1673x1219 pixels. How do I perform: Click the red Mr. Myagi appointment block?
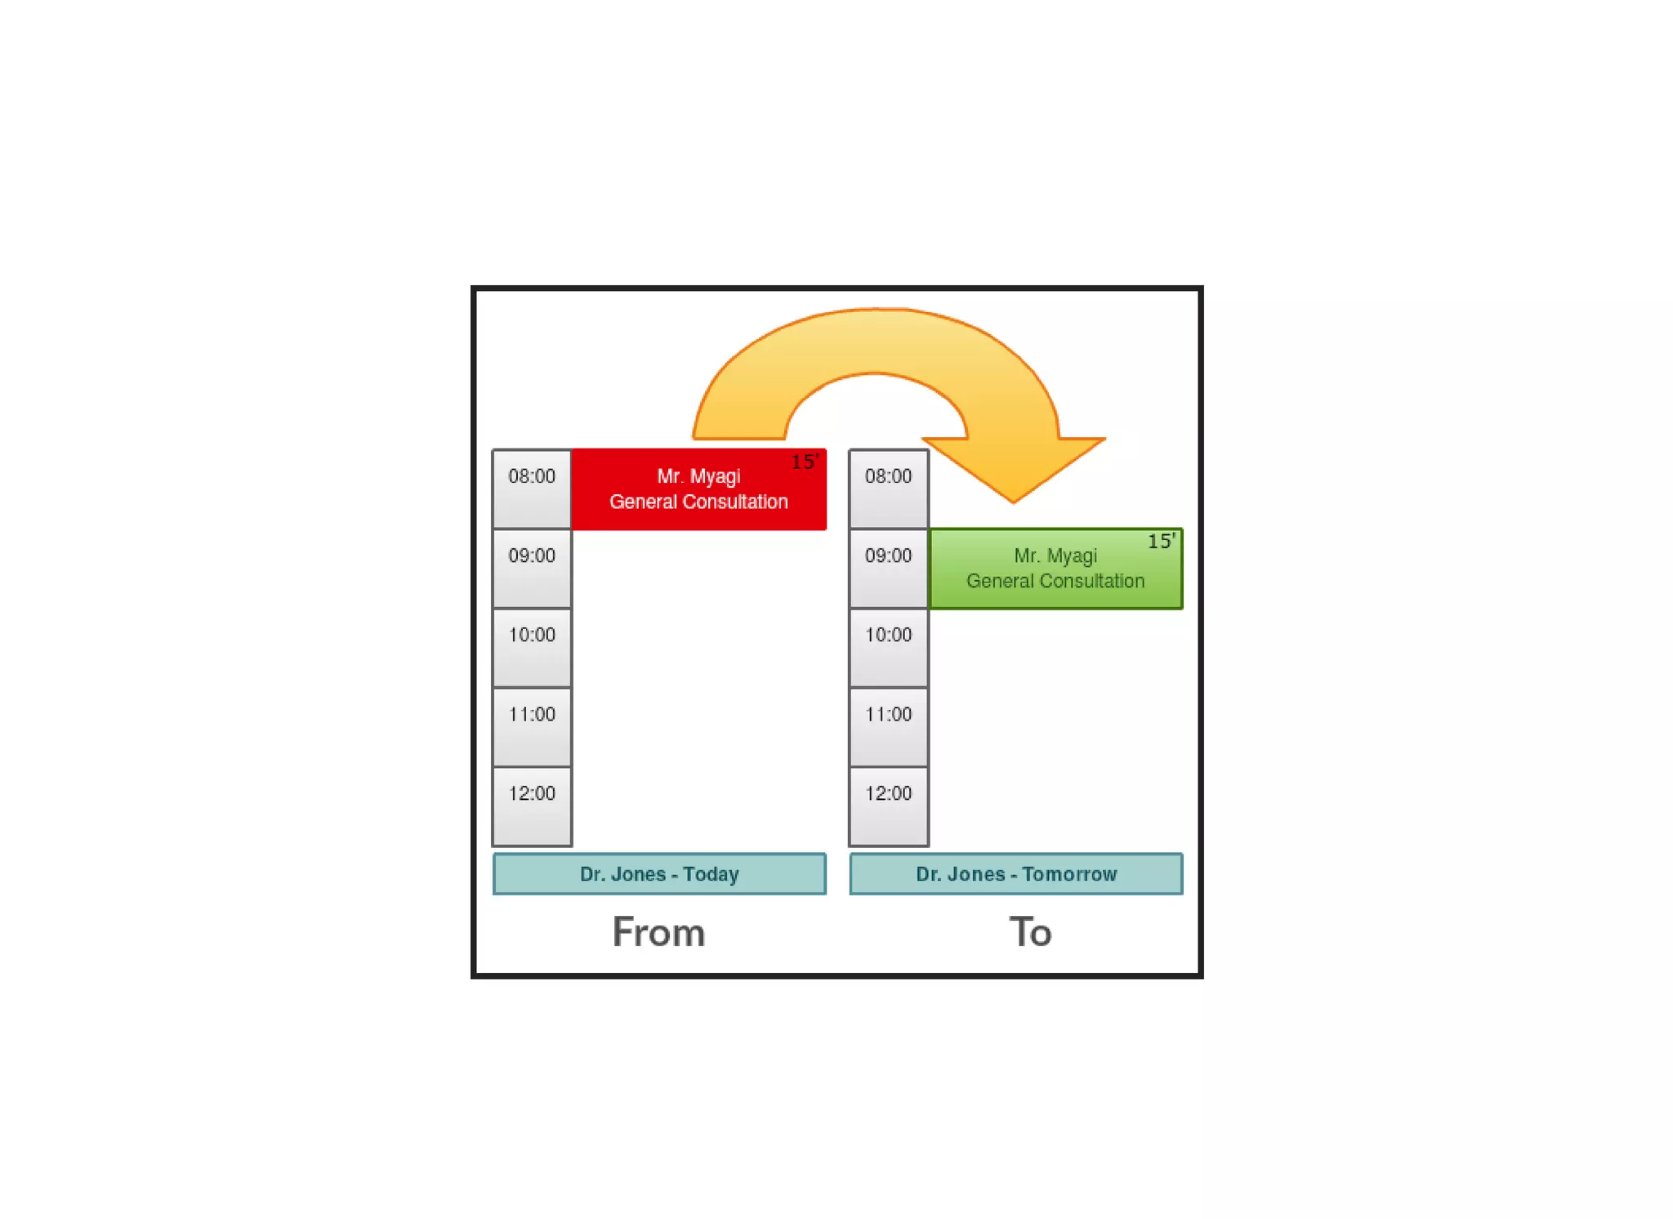[x=698, y=489]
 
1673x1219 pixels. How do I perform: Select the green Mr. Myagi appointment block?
[x=1055, y=569]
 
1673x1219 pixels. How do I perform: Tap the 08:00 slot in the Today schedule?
[x=532, y=489]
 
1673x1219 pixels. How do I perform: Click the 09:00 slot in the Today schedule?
[x=532, y=568]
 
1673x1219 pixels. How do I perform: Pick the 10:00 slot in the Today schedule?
[x=532, y=647]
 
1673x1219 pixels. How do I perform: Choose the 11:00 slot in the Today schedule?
[x=532, y=726]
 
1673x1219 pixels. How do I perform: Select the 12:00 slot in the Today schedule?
[x=532, y=806]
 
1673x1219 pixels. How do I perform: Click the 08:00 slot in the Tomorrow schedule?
[x=888, y=489]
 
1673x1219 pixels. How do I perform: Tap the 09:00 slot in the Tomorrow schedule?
[x=888, y=568]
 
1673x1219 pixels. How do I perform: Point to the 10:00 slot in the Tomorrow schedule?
[x=888, y=647]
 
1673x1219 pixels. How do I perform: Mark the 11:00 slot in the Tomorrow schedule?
[x=888, y=726]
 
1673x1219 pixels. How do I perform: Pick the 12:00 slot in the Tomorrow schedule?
[x=888, y=806]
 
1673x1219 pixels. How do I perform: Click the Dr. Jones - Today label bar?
[x=659, y=874]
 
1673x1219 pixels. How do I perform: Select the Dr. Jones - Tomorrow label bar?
[x=1015, y=874]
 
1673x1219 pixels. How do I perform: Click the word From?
[x=658, y=932]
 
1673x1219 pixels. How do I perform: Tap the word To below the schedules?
[x=1030, y=932]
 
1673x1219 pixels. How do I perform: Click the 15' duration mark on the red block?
[x=805, y=462]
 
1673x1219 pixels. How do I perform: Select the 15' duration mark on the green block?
[x=1161, y=541]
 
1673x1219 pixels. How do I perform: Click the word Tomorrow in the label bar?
[x=1069, y=874]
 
